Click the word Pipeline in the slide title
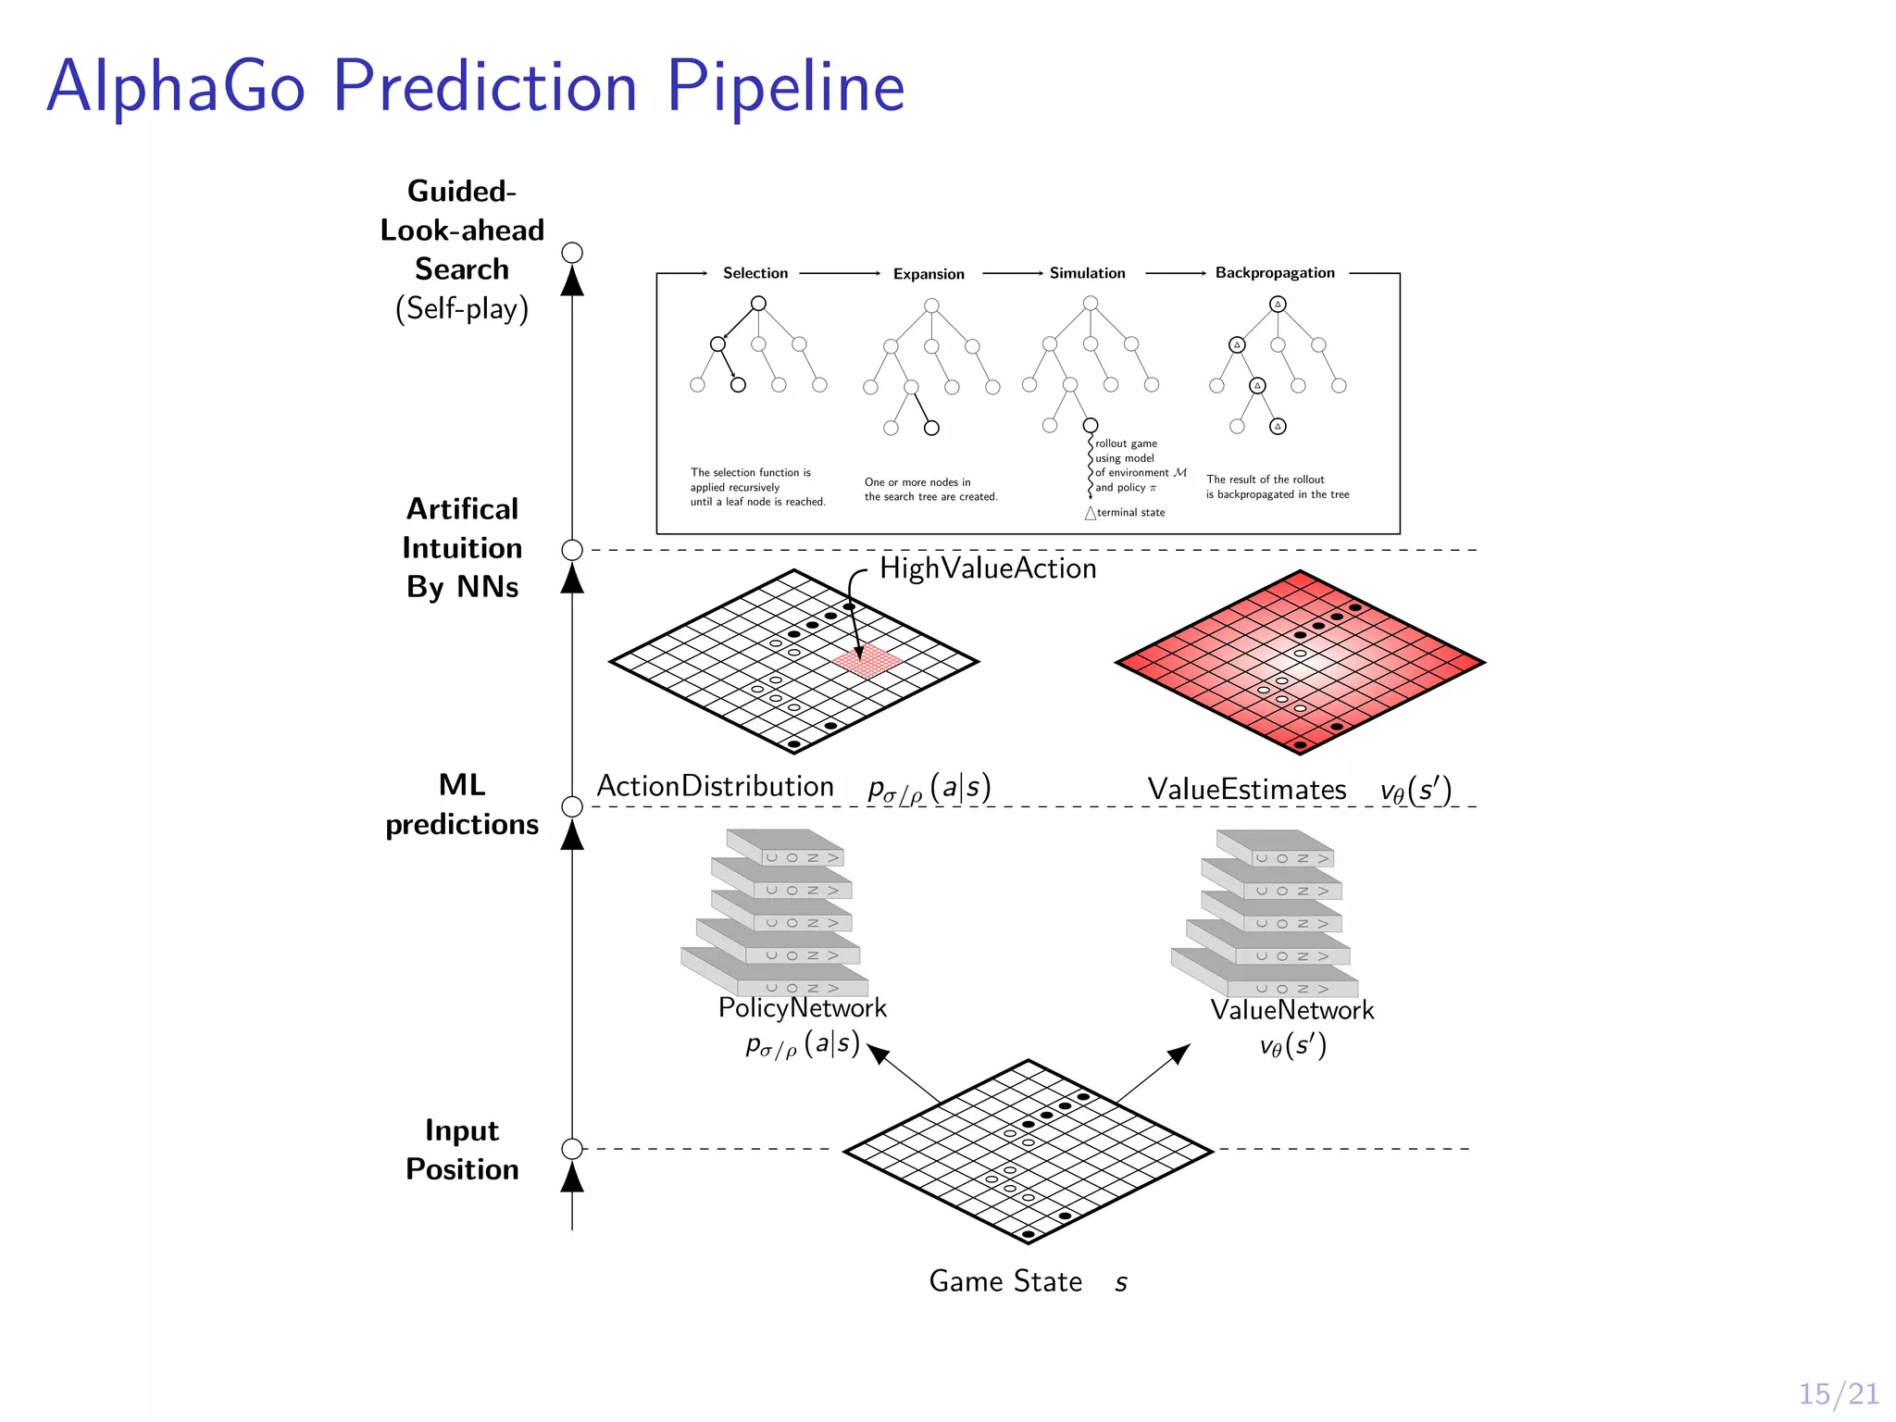tap(785, 87)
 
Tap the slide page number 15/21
tap(1838, 1393)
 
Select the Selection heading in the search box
tap(755, 273)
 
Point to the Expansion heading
tap(929, 274)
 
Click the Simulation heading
tap(1087, 273)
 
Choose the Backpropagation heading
tap(1274, 273)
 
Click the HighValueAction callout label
tap(987, 568)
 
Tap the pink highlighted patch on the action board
tap(867, 661)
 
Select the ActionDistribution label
tap(715, 786)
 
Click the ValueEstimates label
tap(1246, 789)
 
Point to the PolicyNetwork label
tap(802, 1007)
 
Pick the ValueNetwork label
tap(1291, 1010)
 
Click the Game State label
tap(1005, 1281)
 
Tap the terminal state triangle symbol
tap(1091, 513)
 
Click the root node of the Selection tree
tap(758, 304)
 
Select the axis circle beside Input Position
tap(572, 1149)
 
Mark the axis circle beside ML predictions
tap(572, 806)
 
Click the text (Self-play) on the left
tap(462, 308)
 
